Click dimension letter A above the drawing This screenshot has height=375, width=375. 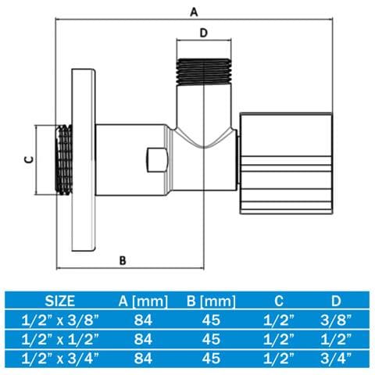coord(194,12)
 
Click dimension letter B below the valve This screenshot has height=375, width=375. coord(123,260)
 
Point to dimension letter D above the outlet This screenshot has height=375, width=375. coord(204,33)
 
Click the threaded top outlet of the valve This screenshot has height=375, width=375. coord(204,71)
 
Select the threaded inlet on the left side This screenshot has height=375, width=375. coord(64,160)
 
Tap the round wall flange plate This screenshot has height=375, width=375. coord(84,160)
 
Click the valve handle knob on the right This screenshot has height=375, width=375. coord(286,163)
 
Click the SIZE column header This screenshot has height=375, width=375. coord(60,301)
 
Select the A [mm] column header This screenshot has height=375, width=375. coord(143,302)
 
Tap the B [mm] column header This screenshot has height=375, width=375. coord(211,302)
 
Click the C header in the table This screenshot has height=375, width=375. coord(279,301)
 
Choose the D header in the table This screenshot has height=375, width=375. coord(336,301)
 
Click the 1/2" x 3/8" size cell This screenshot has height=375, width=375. coord(60,320)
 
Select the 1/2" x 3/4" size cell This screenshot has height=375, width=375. coord(60,359)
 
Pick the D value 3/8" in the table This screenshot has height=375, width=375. coord(336,320)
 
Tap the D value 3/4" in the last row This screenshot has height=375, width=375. coord(336,359)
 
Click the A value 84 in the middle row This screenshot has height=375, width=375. coord(143,339)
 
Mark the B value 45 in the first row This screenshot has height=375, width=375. coord(211,320)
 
